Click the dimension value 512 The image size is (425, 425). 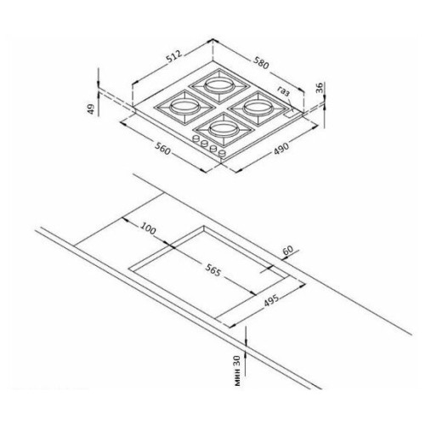coord(173,56)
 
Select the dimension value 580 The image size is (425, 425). coord(261,63)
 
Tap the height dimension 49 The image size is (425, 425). coord(90,109)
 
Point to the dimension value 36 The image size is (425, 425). coord(320,88)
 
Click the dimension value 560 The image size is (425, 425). coord(162,148)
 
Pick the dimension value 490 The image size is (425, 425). coord(281,148)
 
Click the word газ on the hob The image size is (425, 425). coord(284,91)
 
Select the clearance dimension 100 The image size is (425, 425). coord(148,229)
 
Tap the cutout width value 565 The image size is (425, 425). coord(212,270)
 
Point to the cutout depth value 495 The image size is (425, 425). coord(271,300)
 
